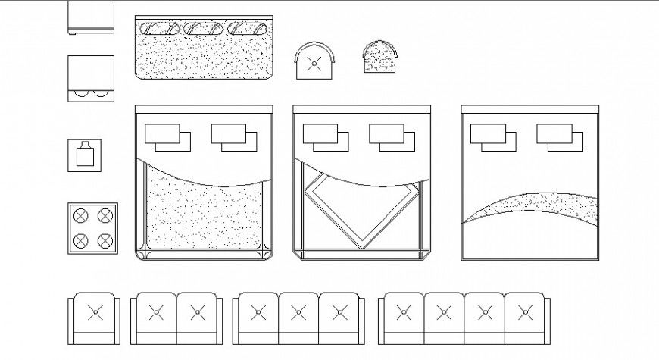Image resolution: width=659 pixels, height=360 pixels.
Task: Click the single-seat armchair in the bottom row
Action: coord(94,319)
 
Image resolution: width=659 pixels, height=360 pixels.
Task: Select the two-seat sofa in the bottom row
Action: coord(176,319)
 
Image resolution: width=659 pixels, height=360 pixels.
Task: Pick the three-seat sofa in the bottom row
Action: coord(298,319)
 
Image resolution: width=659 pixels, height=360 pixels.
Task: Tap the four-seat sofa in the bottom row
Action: coord(464,319)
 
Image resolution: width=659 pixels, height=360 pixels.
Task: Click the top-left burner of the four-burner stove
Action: coord(81,216)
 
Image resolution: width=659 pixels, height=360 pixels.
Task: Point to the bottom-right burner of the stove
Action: coord(105,241)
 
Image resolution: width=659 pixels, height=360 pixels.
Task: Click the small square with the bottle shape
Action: coord(85,155)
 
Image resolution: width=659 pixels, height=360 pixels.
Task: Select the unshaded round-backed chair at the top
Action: coord(315,61)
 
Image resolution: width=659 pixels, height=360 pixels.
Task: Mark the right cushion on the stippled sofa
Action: coord(248,29)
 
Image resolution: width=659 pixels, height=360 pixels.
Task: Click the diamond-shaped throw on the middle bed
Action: coord(362,208)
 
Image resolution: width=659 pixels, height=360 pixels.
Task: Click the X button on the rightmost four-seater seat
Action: coord(523,311)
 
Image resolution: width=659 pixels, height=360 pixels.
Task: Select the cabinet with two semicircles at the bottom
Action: coord(92,79)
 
